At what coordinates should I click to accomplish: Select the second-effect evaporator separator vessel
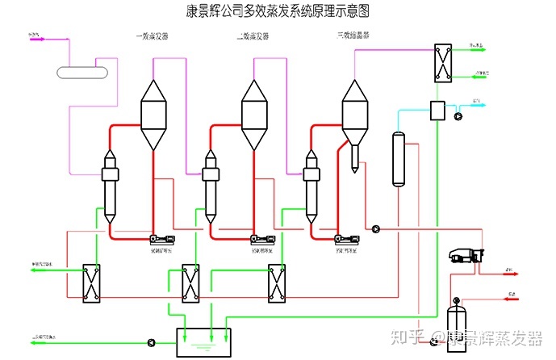click(x=254, y=113)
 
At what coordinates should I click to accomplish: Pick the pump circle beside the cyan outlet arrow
click(x=459, y=115)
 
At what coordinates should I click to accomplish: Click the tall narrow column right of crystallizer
click(x=397, y=158)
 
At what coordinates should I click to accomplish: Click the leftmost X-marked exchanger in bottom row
click(x=91, y=283)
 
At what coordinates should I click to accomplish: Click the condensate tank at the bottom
click(x=203, y=342)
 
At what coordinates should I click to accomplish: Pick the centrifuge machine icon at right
click(x=464, y=256)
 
